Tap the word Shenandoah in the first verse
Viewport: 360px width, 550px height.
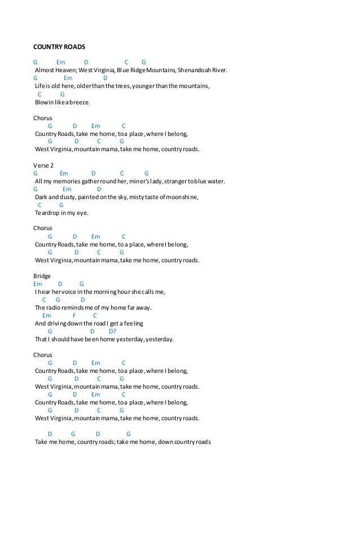pyautogui.click(x=194, y=71)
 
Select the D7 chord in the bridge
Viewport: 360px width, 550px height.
pyautogui.click(x=112, y=331)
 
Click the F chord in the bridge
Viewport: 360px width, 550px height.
pyautogui.click(x=74, y=315)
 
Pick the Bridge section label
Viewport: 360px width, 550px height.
pyautogui.click(x=42, y=276)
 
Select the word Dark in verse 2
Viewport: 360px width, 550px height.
pyautogui.click(x=41, y=197)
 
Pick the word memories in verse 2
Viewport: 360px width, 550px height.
pyautogui.click(x=67, y=181)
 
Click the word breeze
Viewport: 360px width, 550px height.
pyautogui.click(x=80, y=103)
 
